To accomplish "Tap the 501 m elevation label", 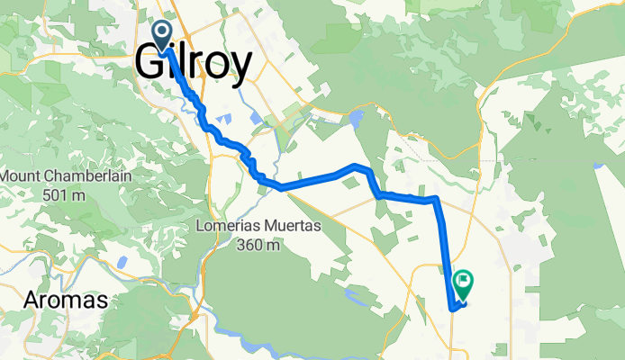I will pos(67,193).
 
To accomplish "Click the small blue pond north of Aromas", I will pos(121,263).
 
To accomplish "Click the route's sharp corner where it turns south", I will pos(436,198).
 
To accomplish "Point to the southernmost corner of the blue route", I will pos(451,309).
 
